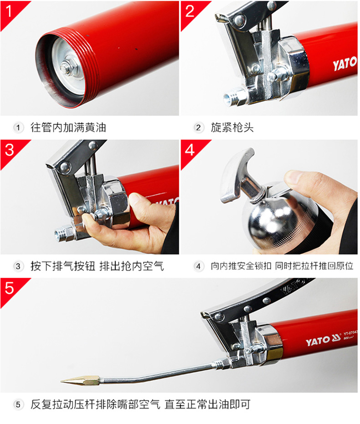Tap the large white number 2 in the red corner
pos(190,11)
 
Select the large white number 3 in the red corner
pos(10,149)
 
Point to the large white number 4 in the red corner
pos(190,149)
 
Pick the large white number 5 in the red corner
pos(10,288)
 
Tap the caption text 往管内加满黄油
pos(68,128)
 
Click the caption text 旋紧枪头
pos(232,128)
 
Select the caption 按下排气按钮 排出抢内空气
pos(97,266)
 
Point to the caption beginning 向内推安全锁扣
pos(282,266)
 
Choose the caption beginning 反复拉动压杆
pos(140,404)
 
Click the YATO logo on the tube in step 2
pos(345,64)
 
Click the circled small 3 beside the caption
pos(18,266)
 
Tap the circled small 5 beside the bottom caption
pos(18,405)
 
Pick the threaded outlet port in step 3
pos(64,233)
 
